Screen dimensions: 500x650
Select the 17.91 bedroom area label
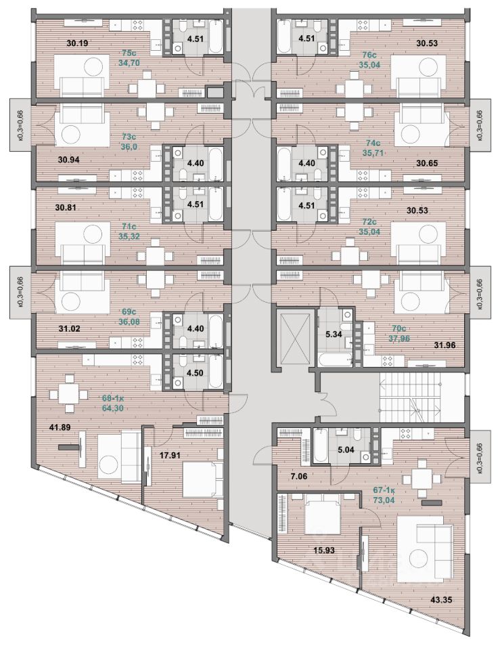[173, 456]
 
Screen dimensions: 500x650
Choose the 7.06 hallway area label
[298, 477]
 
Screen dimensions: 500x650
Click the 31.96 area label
[446, 345]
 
